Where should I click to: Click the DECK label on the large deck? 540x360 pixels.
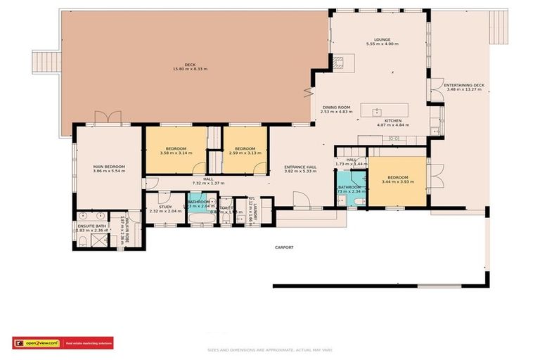tap(190, 64)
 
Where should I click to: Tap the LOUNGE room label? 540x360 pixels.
tap(382, 39)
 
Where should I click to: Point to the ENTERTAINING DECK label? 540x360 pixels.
tap(464, 85)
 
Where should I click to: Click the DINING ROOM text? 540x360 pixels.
tap(335, 107)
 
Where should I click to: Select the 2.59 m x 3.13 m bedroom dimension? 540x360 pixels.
tap(245, 153)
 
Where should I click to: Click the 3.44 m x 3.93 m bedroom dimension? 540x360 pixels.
tap(397, 181)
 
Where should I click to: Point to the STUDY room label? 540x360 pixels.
tap(165, 207)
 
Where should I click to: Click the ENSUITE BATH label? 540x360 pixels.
tap(91, 226)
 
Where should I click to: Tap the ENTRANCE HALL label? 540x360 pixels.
tap(300, 167)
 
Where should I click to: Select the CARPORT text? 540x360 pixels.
tap(284, 247)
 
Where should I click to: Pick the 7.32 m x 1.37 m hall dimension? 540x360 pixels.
tap(208, 183)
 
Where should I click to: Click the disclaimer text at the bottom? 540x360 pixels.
tap(270, 349)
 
